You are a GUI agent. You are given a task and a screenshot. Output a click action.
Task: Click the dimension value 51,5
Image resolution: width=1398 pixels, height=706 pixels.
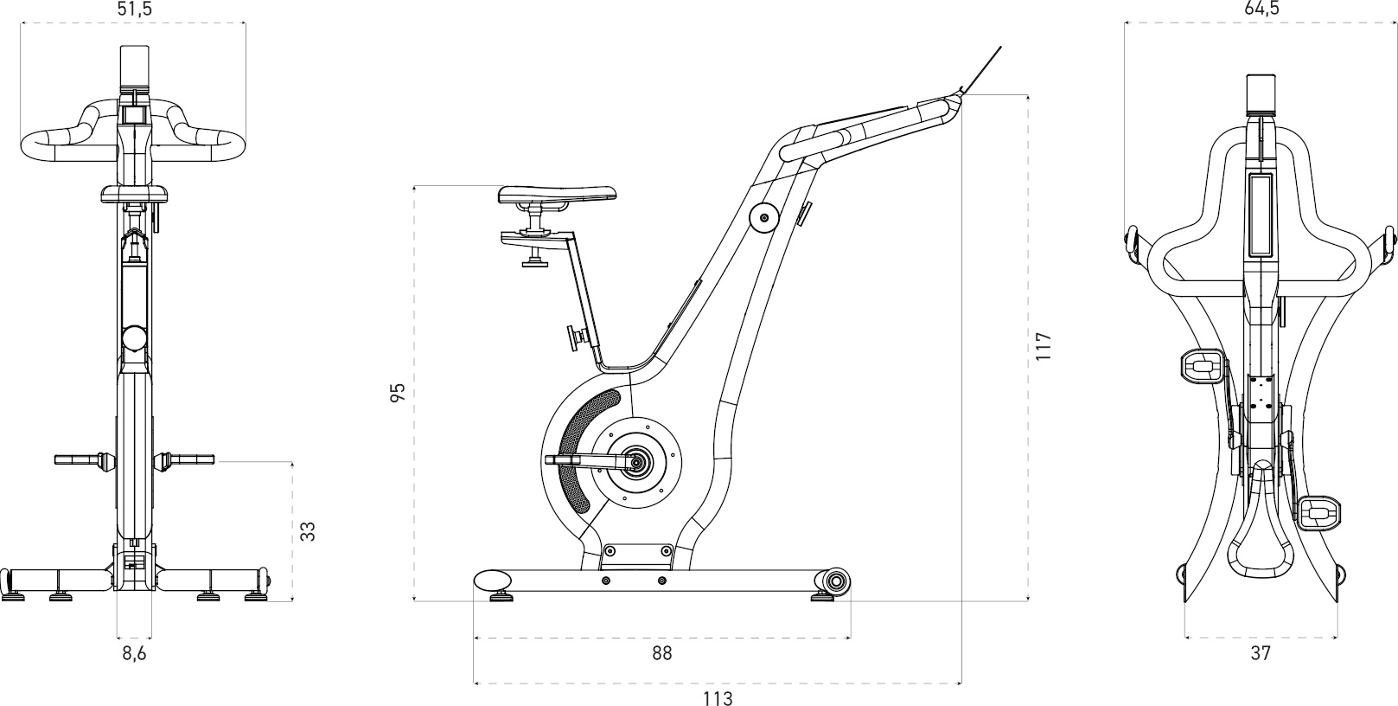(134, 10)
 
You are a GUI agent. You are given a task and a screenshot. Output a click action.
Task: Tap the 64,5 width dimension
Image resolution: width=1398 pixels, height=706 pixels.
(1261, 9)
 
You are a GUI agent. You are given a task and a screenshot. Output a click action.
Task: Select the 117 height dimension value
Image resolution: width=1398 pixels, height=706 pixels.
(1043, 346)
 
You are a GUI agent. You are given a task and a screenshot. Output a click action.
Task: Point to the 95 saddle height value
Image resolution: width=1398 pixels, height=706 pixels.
(398, 394)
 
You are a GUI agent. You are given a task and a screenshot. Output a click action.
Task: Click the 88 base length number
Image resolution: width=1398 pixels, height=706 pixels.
(661, 653)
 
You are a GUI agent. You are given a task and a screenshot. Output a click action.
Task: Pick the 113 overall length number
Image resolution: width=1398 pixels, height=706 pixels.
(718, 697)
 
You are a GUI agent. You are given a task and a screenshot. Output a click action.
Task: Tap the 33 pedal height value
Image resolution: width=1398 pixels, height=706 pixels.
(308, 531)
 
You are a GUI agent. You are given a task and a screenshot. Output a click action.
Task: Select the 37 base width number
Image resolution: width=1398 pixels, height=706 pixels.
(1261, 653)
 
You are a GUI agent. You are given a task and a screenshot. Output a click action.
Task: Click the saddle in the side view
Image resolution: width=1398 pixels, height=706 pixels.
(558, 195)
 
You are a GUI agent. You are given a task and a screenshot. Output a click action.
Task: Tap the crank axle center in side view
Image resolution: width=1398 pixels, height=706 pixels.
(637, 463)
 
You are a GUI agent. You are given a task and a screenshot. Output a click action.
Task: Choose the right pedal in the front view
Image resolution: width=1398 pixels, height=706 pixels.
(186, 459)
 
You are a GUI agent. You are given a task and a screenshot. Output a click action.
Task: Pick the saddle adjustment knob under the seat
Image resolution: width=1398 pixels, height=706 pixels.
(536, 259)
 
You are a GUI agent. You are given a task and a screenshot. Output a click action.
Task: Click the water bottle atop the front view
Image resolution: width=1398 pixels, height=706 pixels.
(134, 67)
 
